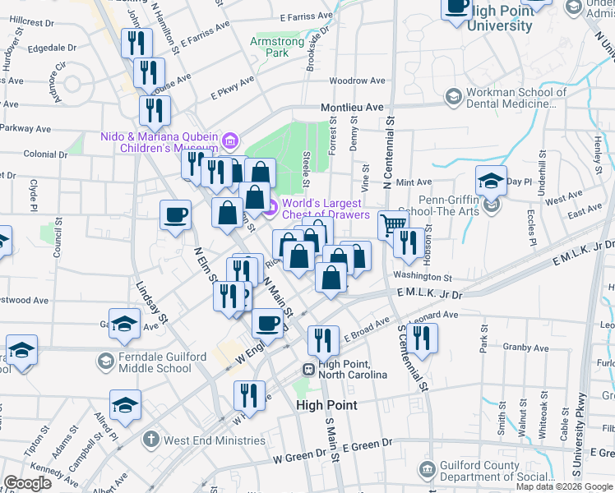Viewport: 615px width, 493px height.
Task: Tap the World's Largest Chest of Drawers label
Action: (321, 209)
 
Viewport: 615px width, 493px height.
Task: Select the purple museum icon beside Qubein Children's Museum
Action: (229, 139)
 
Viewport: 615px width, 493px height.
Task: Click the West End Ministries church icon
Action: (150, 440)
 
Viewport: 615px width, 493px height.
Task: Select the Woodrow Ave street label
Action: (356, 81)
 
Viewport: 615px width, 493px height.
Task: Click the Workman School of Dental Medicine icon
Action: (452, 97)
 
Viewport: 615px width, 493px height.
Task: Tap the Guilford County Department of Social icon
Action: (427, 469)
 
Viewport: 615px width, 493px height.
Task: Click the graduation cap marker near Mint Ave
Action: (491, 180)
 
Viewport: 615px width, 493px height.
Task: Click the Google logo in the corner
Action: (27, 483)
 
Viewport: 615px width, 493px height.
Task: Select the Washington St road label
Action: (423, 277)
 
